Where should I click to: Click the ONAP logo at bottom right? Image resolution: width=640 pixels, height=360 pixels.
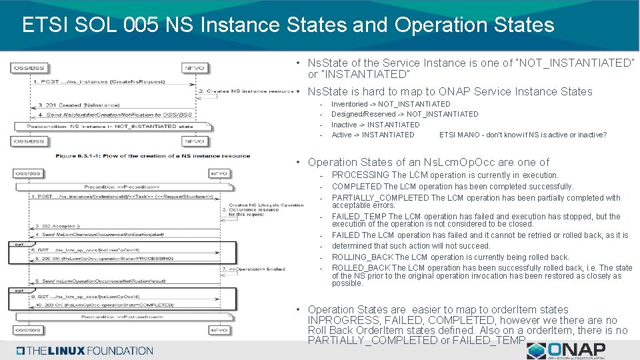567,350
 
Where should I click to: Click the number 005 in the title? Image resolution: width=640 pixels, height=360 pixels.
143,25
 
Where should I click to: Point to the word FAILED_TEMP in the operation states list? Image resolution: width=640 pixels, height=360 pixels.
359,217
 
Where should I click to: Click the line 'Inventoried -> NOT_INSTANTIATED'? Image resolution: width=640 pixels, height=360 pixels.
391,105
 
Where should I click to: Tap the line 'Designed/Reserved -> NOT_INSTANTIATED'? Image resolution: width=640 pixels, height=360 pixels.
405,115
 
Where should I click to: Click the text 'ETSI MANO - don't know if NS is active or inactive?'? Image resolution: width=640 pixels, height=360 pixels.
523,135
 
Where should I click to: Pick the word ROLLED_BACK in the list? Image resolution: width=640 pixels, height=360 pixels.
361,268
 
